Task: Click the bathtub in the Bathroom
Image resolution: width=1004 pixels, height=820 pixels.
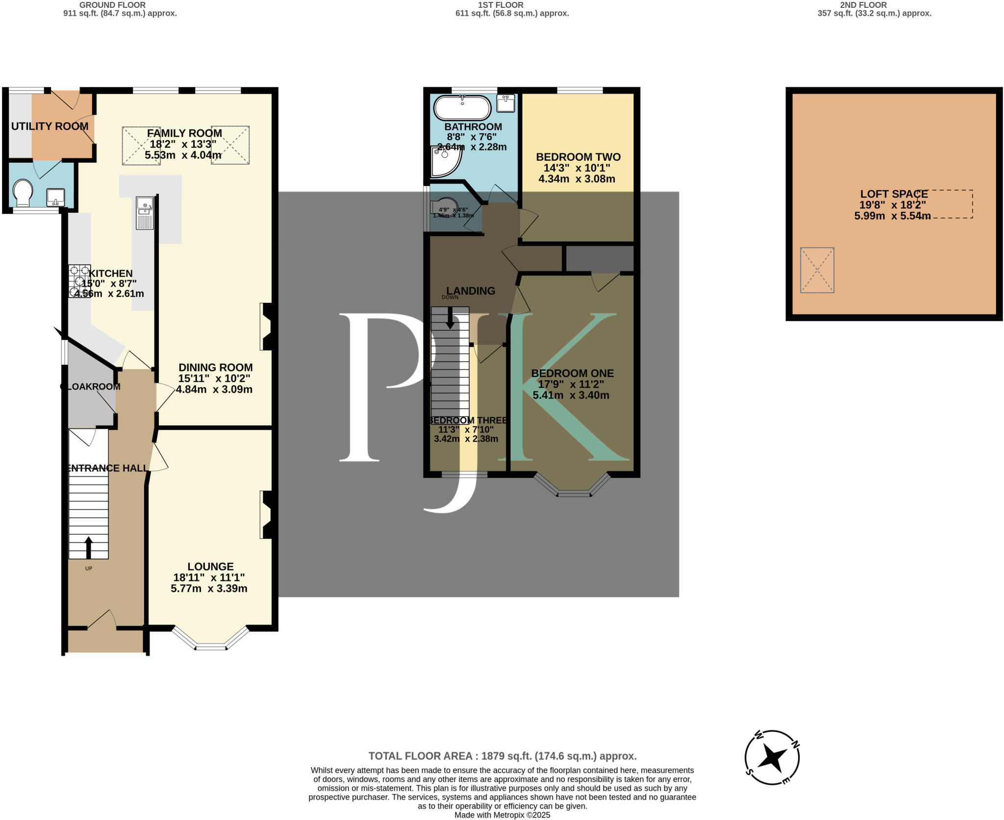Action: click(462, 108)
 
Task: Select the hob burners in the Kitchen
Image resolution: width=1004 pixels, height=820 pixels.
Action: click(79, 281)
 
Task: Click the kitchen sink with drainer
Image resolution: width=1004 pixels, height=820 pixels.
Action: click(145, 213)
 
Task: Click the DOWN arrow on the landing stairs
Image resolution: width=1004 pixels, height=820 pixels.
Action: click(450, 319)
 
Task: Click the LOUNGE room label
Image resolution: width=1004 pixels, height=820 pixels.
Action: click(210, 567)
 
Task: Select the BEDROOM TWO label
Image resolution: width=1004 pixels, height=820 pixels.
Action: click(578, 157)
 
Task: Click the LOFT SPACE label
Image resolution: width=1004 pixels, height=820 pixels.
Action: click(894, 194)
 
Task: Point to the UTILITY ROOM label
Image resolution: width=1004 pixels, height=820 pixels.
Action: click(50, 126)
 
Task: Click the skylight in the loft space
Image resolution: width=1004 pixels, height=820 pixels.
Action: click(817, 270)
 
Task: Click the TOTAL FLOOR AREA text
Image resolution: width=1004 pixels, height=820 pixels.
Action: click(502, 756)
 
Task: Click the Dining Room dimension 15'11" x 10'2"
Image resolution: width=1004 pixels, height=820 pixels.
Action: click(214, 379)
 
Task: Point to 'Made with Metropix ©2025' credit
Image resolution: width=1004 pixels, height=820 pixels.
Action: click(502, 815)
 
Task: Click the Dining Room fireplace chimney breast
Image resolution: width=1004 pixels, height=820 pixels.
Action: click(269, 327)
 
